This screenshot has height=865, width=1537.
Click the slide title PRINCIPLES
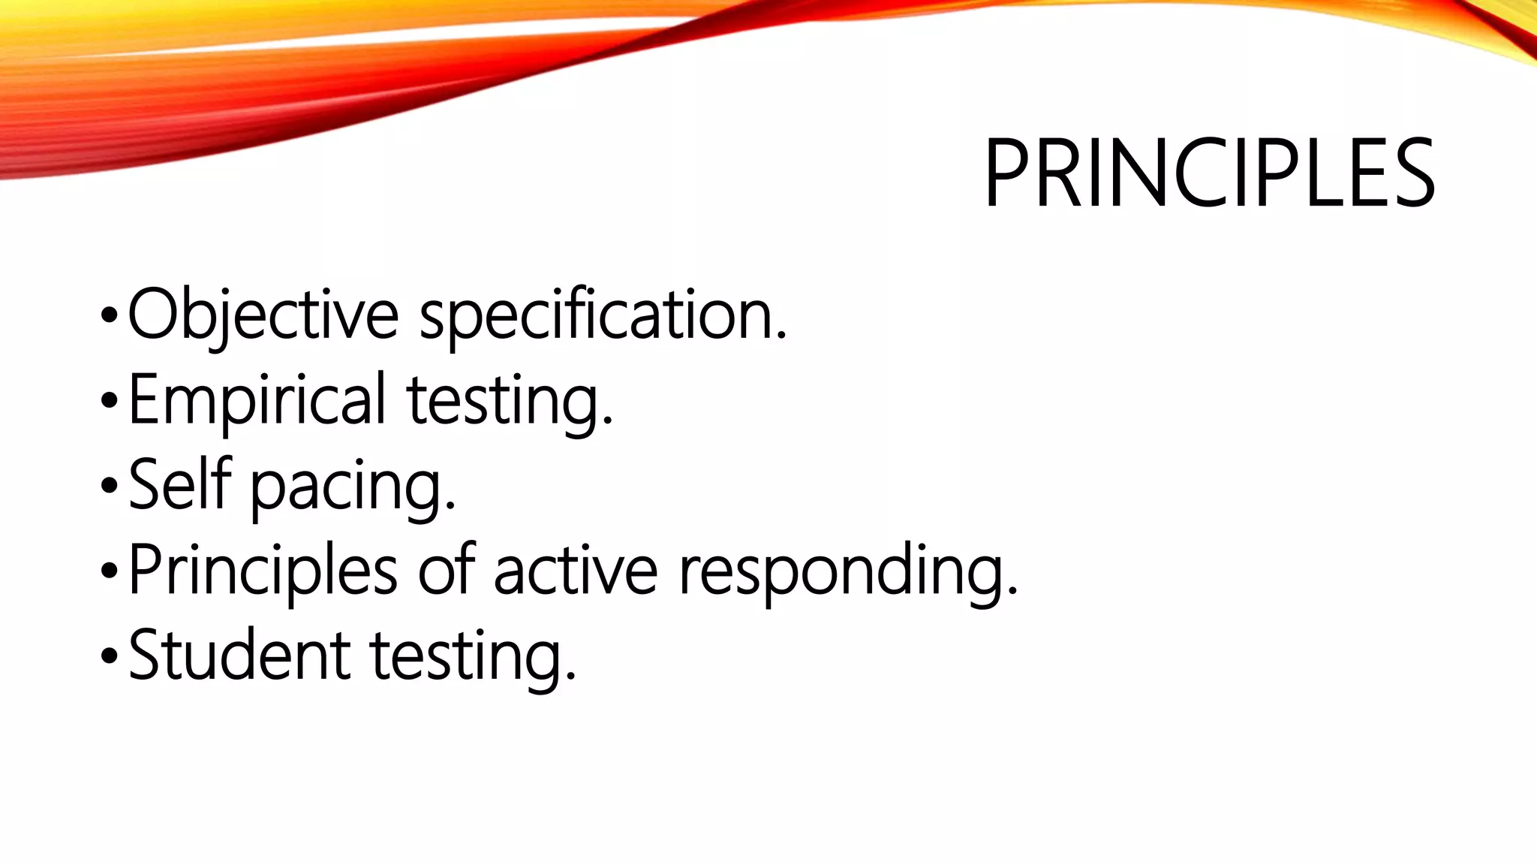point(1209,173)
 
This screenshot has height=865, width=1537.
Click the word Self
point(180,485)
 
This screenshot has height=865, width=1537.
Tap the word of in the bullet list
point(446,570)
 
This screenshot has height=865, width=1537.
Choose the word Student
point(239,656)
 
